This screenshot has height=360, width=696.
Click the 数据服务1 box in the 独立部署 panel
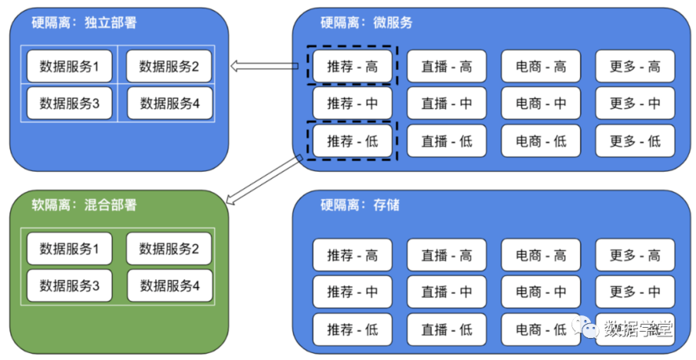click(69, 67)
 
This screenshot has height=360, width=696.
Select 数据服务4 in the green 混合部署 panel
click(169, 286)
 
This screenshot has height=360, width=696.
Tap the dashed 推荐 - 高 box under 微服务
click(352, 66)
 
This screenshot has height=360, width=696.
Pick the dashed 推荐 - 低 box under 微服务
click(352, 141)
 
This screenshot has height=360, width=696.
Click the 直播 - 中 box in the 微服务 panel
click(446, 104)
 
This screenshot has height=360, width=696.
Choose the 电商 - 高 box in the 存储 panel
click(541, 255)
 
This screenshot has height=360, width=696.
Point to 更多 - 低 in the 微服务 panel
click(634, 141)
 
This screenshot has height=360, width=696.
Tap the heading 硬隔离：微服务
click(366, 23)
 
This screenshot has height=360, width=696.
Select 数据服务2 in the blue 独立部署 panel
click(169, 67)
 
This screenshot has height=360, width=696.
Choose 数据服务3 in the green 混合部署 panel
click(69, 286)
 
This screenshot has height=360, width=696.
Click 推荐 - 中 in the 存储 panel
click(352, 292)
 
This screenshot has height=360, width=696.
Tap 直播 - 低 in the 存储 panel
click(446, 329)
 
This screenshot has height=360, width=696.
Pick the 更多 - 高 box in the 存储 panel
click(634, 255)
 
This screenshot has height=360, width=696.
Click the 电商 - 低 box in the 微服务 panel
click(541, 141)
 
